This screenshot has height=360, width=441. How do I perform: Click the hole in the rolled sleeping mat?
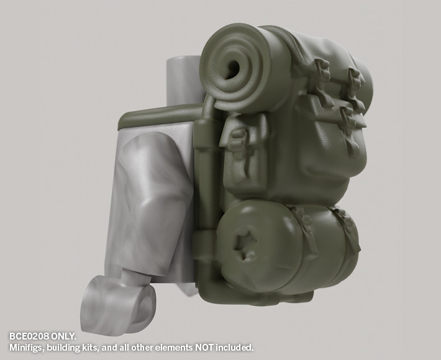click(x=232, y=69)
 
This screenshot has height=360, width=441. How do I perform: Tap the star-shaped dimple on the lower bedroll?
click(x=244, y=246)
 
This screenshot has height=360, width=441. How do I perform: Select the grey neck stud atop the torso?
click(x=184, y=80)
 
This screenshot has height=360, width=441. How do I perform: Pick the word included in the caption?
click(x=235, y=348)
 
